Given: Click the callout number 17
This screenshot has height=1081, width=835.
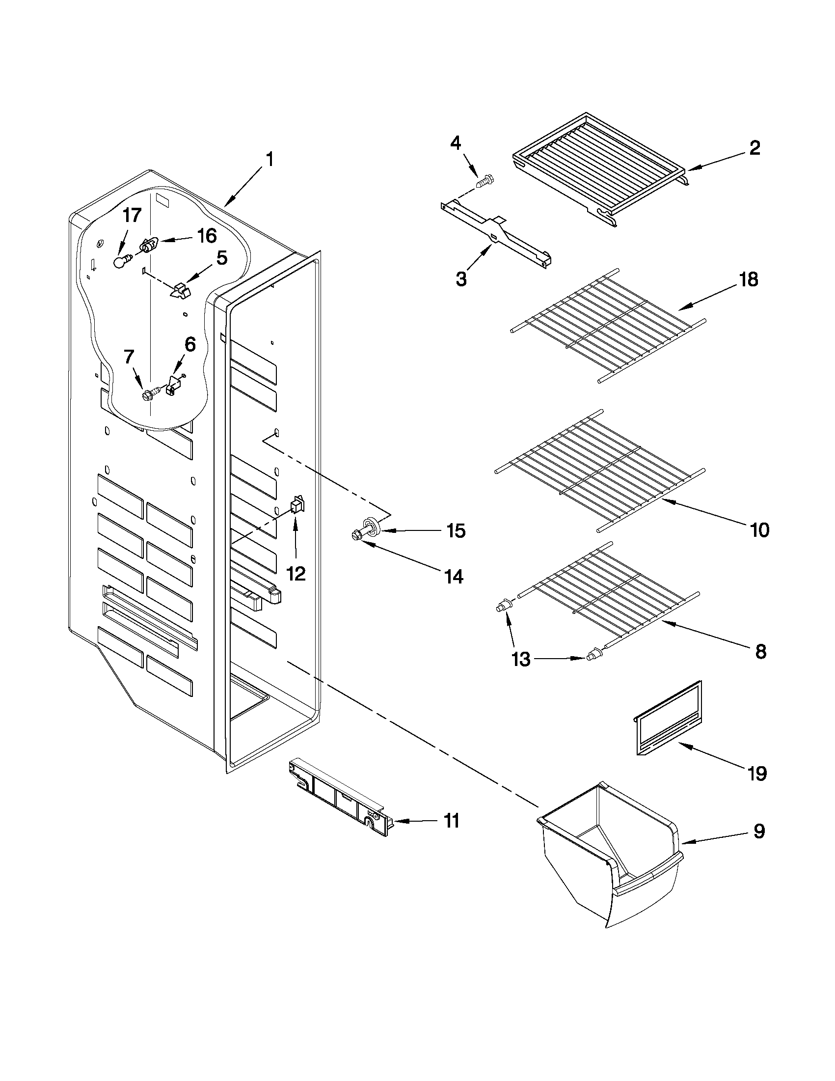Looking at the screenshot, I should [x=132, y=216].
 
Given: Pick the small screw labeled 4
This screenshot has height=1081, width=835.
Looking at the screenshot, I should [x=483, y=181].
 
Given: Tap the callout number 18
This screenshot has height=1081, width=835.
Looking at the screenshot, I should [x=749, y=279].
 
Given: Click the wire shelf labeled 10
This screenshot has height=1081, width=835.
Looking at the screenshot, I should [x=598, y=470].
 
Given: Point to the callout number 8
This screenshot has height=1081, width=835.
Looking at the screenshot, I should [x=760, y=651].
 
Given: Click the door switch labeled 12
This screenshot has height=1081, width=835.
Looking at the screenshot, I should [x=297, y=504].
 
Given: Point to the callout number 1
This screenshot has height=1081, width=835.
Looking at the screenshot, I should [x=269, y=160].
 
